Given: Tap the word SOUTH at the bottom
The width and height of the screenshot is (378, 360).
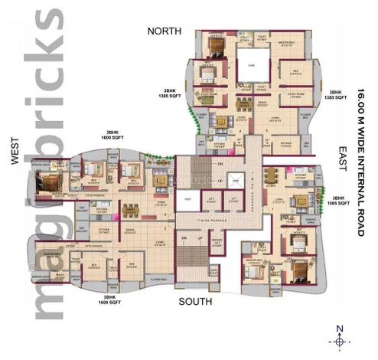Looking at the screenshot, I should click(x=195, y=302).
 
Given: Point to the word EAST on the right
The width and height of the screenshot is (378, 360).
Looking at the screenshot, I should click(x=344, y=153).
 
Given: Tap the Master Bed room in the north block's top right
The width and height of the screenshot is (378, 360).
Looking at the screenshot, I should click(x=286, y=44).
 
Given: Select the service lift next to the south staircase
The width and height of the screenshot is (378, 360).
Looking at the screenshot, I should click(x=217, y=244).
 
